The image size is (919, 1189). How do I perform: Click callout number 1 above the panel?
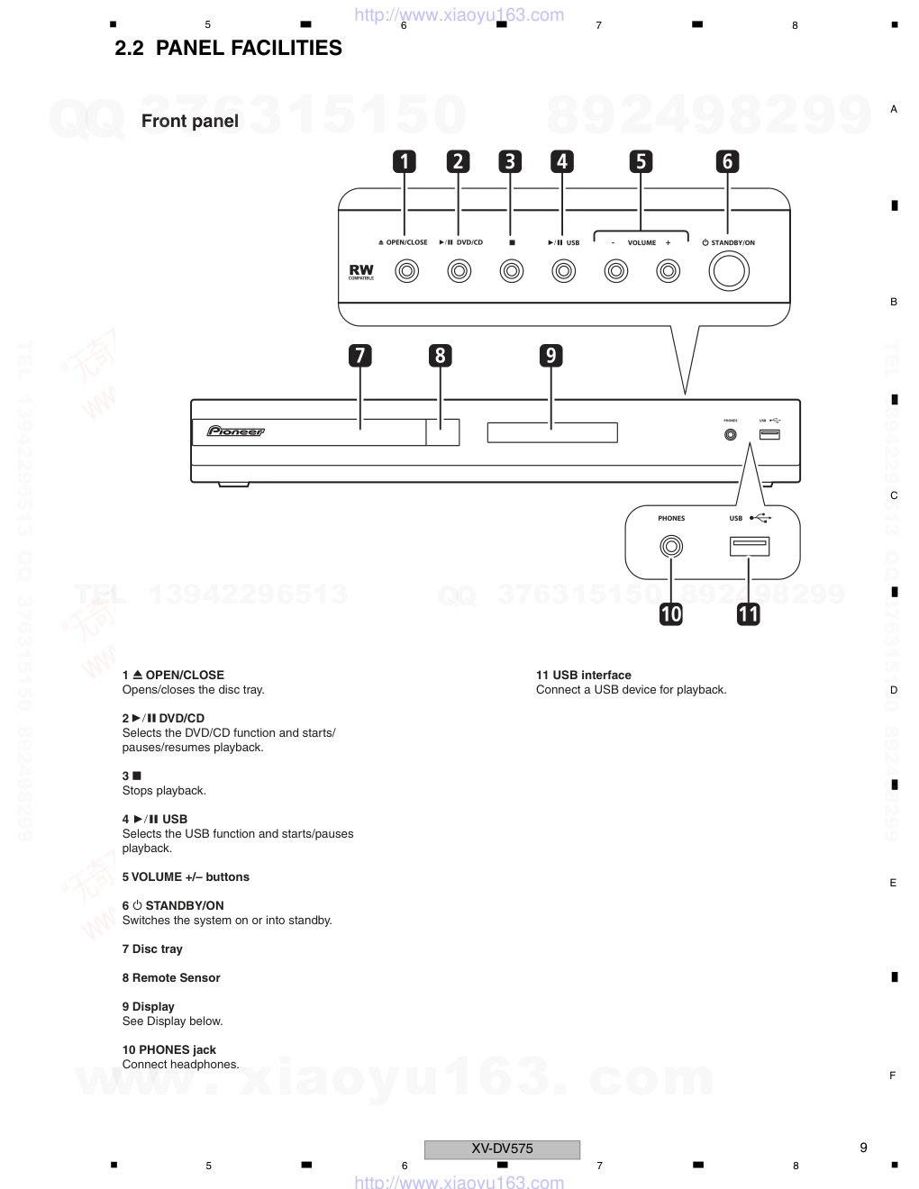click(405, 161)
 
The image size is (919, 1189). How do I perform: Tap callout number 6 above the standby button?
click(727, 161)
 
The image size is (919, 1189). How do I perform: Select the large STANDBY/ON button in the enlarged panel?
click(729, 270)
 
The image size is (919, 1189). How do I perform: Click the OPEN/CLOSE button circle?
click(407, 270)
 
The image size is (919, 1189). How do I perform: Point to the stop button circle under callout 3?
click(512, 270)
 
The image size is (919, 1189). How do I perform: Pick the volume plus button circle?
click(668, 270)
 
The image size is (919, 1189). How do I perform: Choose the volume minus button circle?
click(616, 270)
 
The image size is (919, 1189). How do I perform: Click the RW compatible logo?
click(361, 271)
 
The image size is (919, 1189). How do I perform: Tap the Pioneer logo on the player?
click(236, 431)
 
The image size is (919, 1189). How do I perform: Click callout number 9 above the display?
click(551, 355)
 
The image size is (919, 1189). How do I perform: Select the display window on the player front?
click(552, 433)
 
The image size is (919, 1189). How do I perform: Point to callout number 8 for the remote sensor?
click(440, 355)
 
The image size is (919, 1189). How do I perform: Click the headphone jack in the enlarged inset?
click(671, 546)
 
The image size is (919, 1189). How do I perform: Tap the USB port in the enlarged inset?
click(749, 546)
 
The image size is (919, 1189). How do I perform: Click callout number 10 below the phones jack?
click(671, 614)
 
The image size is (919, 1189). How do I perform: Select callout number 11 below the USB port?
click(749, 614)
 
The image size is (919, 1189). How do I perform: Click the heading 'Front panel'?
click(190, 121)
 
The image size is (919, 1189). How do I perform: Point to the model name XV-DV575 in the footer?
click(502, 1148)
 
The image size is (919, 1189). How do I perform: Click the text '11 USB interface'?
click(583, 675)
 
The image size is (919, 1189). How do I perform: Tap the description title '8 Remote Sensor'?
click(171, 977)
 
